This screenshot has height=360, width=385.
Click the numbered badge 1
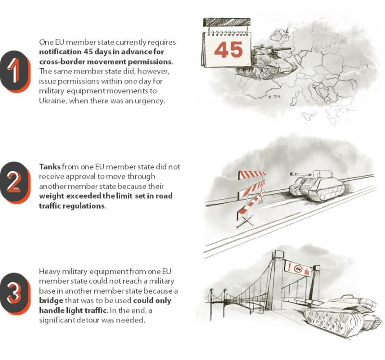coord(15,71)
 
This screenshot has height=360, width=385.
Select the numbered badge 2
coord(15,183)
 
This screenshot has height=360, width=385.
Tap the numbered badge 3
coord(15,294)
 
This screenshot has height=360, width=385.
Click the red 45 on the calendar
coord(228,50)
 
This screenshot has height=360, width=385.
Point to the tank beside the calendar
coord(268,62)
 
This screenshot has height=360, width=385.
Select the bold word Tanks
coord(50,167)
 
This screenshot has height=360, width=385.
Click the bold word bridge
coord(51,301)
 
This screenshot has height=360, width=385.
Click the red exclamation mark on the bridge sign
coord(290,266)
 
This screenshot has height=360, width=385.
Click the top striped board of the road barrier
coord(252,174)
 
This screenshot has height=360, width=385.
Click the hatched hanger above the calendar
coord(227,22)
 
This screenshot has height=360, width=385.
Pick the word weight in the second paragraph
coord(51,196)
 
